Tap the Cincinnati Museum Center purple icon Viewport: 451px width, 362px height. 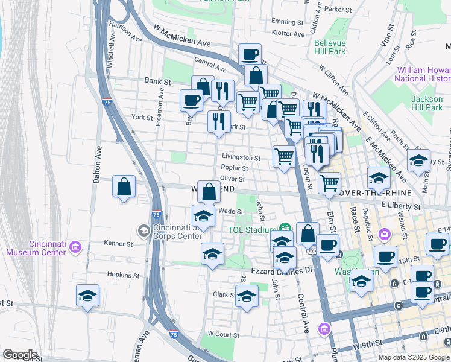pos(75,247)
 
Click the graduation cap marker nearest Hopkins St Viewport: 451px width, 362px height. pos(88,296)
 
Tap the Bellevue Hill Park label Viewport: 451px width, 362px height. pos(330,48)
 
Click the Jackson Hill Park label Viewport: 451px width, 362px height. pos(426,103)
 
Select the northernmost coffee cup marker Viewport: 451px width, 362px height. pos(250,55)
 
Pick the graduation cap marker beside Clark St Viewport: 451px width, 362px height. pos(246,296)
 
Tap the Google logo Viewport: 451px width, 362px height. pos(19,355)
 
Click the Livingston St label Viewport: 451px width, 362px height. pos(241,158)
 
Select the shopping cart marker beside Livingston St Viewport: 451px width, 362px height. pos(284,157)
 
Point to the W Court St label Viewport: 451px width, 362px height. pos(223,334)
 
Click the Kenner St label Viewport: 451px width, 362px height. pos(118,244)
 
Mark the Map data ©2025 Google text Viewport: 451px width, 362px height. pos(414,357)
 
